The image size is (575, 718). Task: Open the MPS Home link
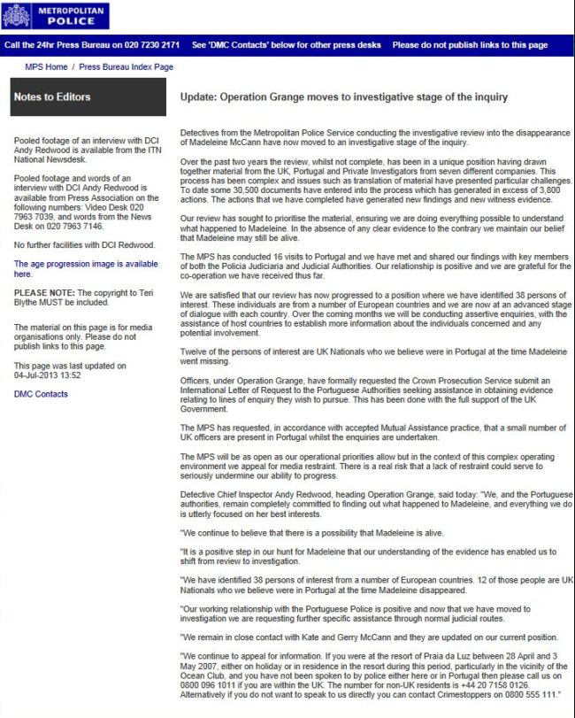48,67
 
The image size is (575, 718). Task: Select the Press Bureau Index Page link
126,67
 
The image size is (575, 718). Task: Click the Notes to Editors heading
52,97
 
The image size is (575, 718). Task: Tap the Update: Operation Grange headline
343,97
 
